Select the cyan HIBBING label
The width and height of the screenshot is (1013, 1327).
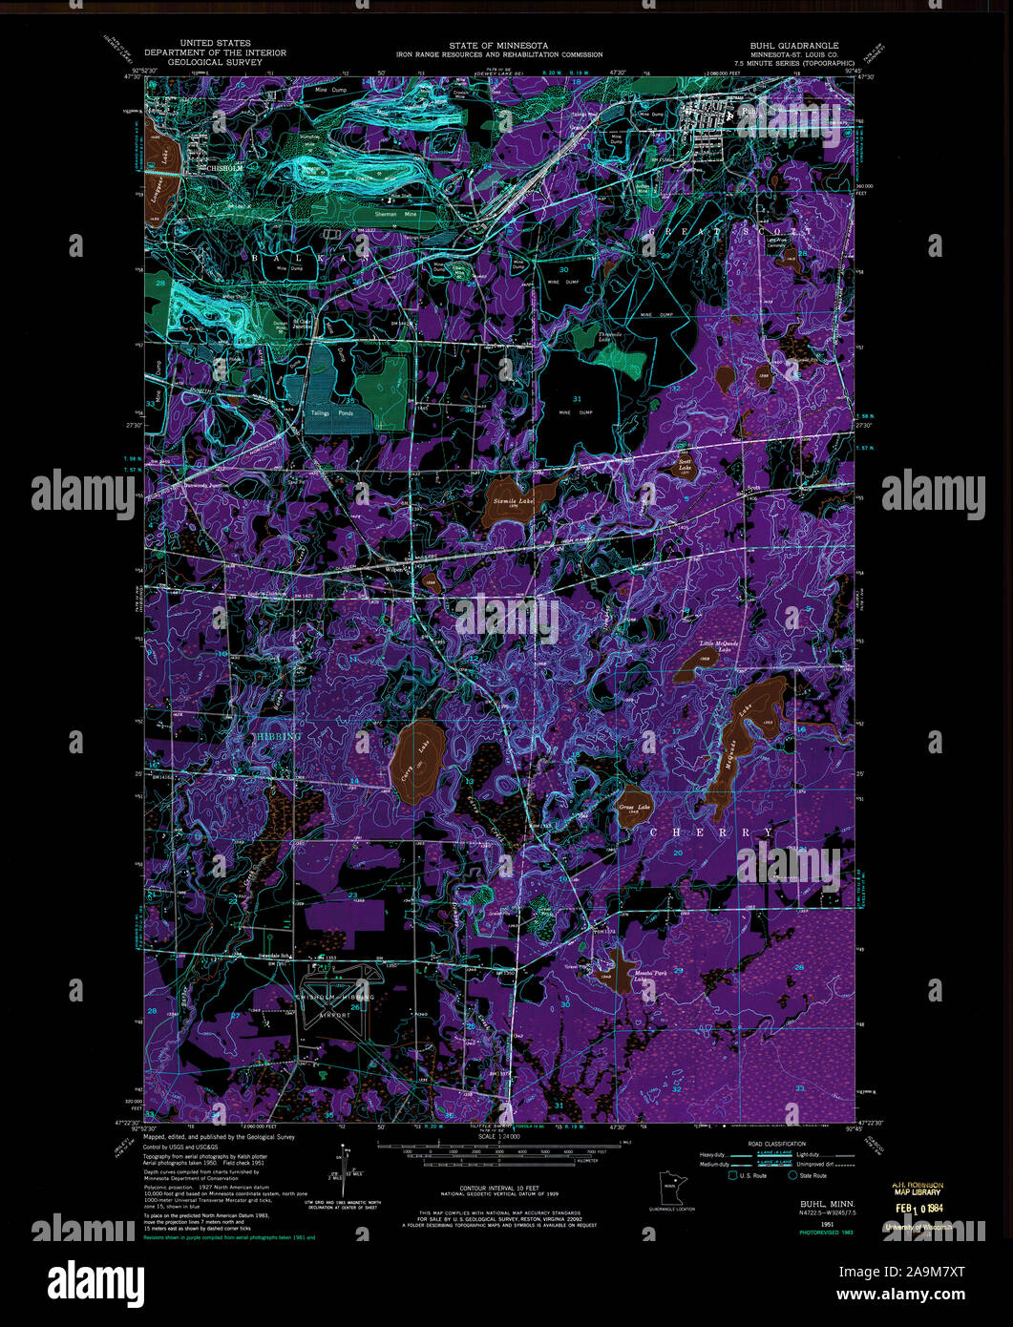[278, 737]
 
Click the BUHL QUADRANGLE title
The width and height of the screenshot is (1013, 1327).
[793, 45]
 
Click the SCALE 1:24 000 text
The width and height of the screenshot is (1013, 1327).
[499, 1135]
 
